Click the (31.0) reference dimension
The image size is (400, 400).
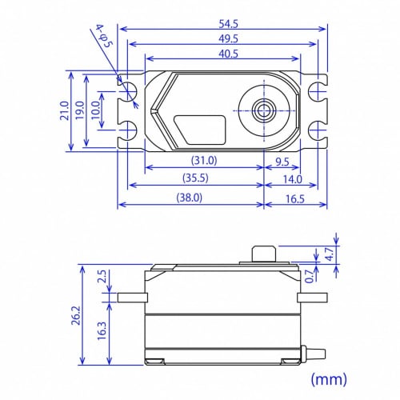[203, 161]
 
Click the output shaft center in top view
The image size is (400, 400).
[263, 110]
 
